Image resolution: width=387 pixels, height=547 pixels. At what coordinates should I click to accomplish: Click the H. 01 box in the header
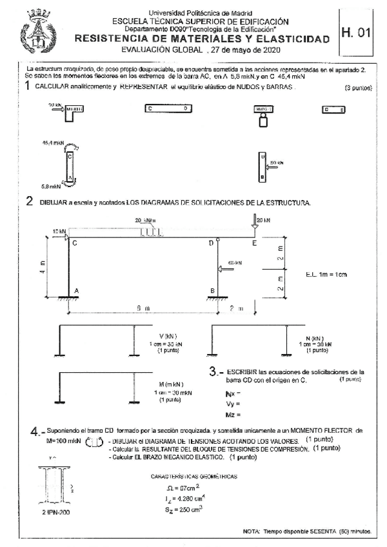click(359, 32)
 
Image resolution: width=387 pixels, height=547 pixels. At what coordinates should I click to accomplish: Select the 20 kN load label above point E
click(263, 220)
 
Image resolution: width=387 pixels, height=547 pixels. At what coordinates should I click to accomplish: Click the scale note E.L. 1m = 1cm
click(326, 275)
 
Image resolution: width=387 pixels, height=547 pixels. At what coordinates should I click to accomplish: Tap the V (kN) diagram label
click(168, 337)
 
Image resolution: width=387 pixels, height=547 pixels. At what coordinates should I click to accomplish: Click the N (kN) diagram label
click(316, 339)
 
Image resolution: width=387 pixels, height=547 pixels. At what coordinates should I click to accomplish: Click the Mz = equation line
click(234, 414)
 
